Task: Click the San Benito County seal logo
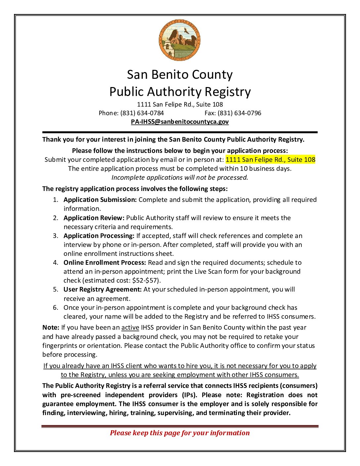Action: (180, 40)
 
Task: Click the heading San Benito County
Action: (180, 74)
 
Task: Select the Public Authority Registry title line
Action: (180, 92)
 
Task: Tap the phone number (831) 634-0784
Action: (142, 113)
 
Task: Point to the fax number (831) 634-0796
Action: (239, 113)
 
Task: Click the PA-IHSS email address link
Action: (180, 121)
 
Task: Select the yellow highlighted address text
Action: (270, 160)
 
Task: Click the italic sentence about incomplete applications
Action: (180, 177)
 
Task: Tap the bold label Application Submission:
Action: (100, 200)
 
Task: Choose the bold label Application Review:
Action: (94, 218)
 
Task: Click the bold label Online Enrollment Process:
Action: (105, 262)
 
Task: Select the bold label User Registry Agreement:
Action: (103, 289)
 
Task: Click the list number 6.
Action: (55, 307)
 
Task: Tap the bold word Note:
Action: (51, 327)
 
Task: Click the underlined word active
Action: (130, 327)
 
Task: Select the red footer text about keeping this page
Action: (180, 433)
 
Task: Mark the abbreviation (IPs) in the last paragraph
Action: (189, 395)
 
